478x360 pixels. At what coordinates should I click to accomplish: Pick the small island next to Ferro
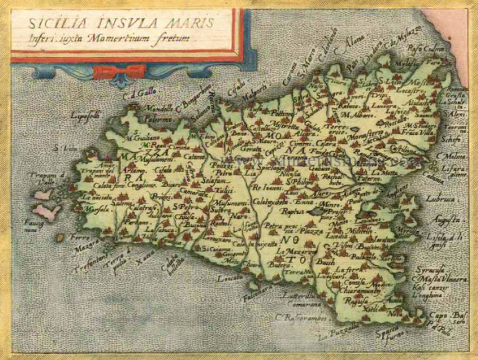pyautogui.click(x=60, y=236)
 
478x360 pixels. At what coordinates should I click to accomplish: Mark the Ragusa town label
pyautogui.click(x=354, y=302)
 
